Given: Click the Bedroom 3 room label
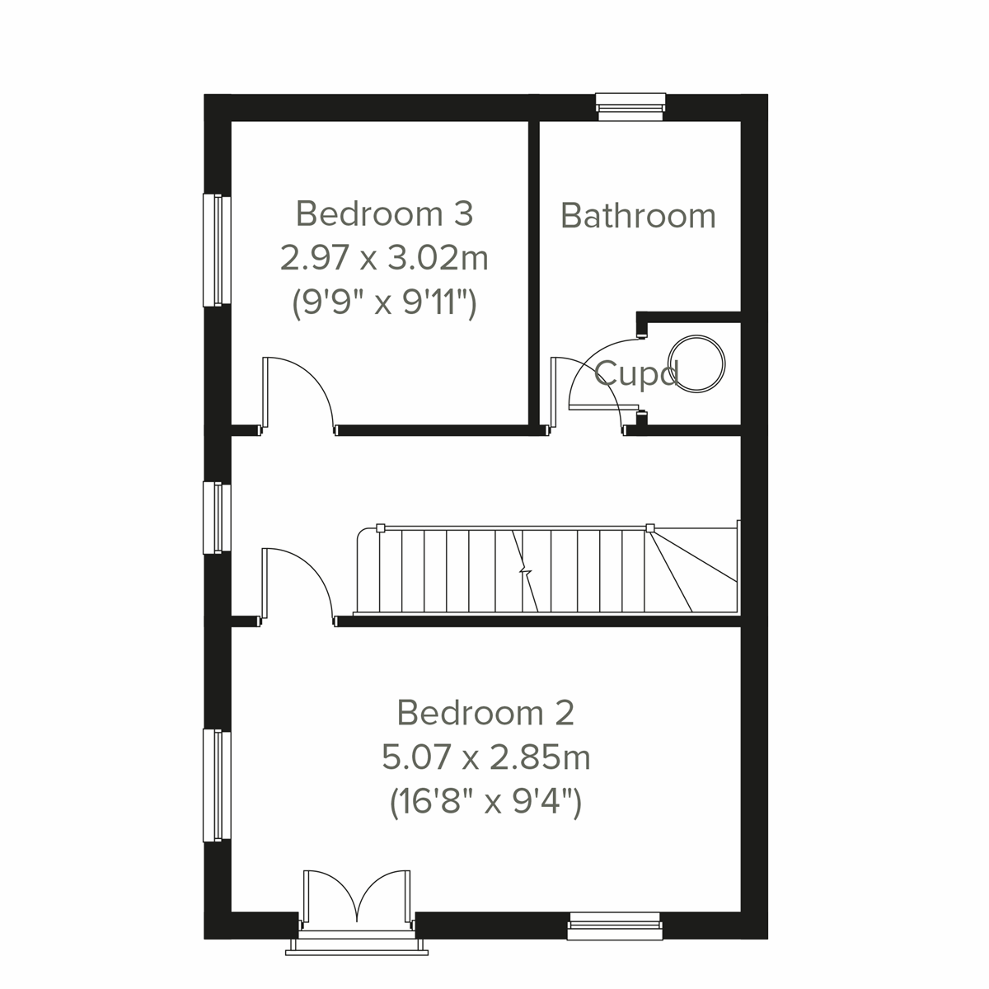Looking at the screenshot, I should point(384,213).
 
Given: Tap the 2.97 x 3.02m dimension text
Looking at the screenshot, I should point(384,259).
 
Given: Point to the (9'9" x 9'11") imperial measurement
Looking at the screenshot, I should point(384,304).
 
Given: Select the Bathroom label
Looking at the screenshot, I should point(638,216).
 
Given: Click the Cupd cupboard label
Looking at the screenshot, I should point(635,374).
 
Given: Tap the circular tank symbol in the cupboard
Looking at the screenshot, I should point(697,363).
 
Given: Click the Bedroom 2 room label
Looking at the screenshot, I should point(485,712).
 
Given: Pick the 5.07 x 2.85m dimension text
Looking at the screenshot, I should point(485,757).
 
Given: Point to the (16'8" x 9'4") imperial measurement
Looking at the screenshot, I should point(485,802).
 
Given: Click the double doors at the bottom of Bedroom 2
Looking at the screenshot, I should point(357,898).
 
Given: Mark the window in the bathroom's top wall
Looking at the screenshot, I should point(630,105).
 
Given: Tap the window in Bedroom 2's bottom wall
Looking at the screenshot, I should point(614,926).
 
